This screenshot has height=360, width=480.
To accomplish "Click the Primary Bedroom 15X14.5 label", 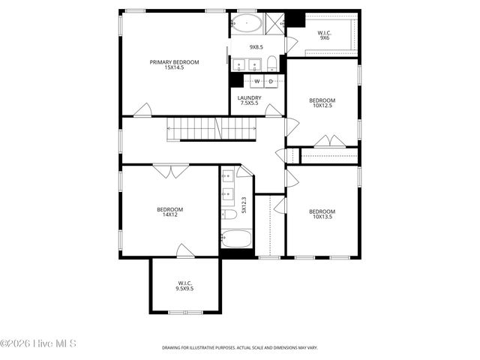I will (x=174, y=65).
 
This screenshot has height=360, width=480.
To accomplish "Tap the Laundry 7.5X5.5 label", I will (x=249, y=100).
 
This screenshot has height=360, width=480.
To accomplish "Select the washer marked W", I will (x=256, y=81).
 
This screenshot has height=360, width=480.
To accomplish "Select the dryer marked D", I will (x=271, y=81).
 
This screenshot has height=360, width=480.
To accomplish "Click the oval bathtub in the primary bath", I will (x=247, y=22).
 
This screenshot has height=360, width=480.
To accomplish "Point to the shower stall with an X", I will (x=275, y=22).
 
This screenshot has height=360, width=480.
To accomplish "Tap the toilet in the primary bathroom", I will (x=272, y=63).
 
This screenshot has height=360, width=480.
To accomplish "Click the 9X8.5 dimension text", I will (x=256, y=46).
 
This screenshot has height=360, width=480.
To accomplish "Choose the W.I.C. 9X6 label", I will (x=325, y=35).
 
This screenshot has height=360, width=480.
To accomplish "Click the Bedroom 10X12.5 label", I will (x=322, y=103).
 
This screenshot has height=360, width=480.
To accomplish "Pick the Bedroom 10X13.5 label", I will (x=322, y=214).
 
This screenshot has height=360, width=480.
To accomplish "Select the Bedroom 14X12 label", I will (x=169, y=212).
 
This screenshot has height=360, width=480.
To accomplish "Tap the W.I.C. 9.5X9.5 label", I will (x=185, y=286).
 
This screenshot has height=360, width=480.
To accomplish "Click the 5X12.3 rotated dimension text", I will (x=244, y=205).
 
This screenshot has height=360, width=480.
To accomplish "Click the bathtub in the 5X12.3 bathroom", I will (x=238, y=241).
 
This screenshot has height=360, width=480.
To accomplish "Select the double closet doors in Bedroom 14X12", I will (x=172, y=172).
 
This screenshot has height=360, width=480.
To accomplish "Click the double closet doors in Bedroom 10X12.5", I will (x=325, y=140).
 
